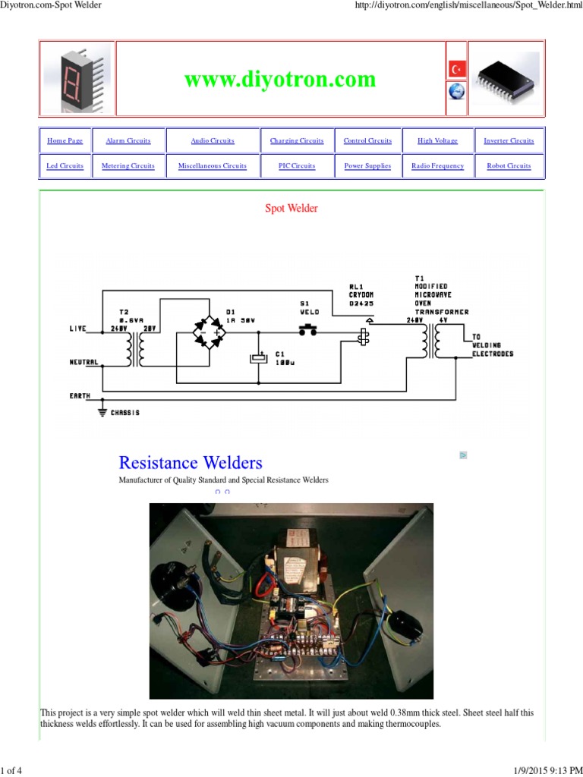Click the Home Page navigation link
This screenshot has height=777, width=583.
(x=65, y=141)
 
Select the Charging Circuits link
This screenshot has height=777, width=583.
(x=297, y=141)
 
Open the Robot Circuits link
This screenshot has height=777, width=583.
(x=509, y=166)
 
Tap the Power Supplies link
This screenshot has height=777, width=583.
(x=367, y=166)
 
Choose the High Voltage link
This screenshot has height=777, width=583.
(x=437, y=141)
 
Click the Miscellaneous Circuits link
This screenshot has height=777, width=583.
(x=213, y=166)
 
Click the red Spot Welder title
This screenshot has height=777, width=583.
(x=291, y=209)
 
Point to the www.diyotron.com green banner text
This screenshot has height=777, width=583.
(x=279, y=80)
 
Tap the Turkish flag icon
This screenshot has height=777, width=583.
(x=456, y=69)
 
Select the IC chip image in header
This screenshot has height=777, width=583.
(x=506, y=77)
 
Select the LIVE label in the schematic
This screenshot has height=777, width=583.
(x=78, y=329)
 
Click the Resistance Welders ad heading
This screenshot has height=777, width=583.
(x=191, y=463)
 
